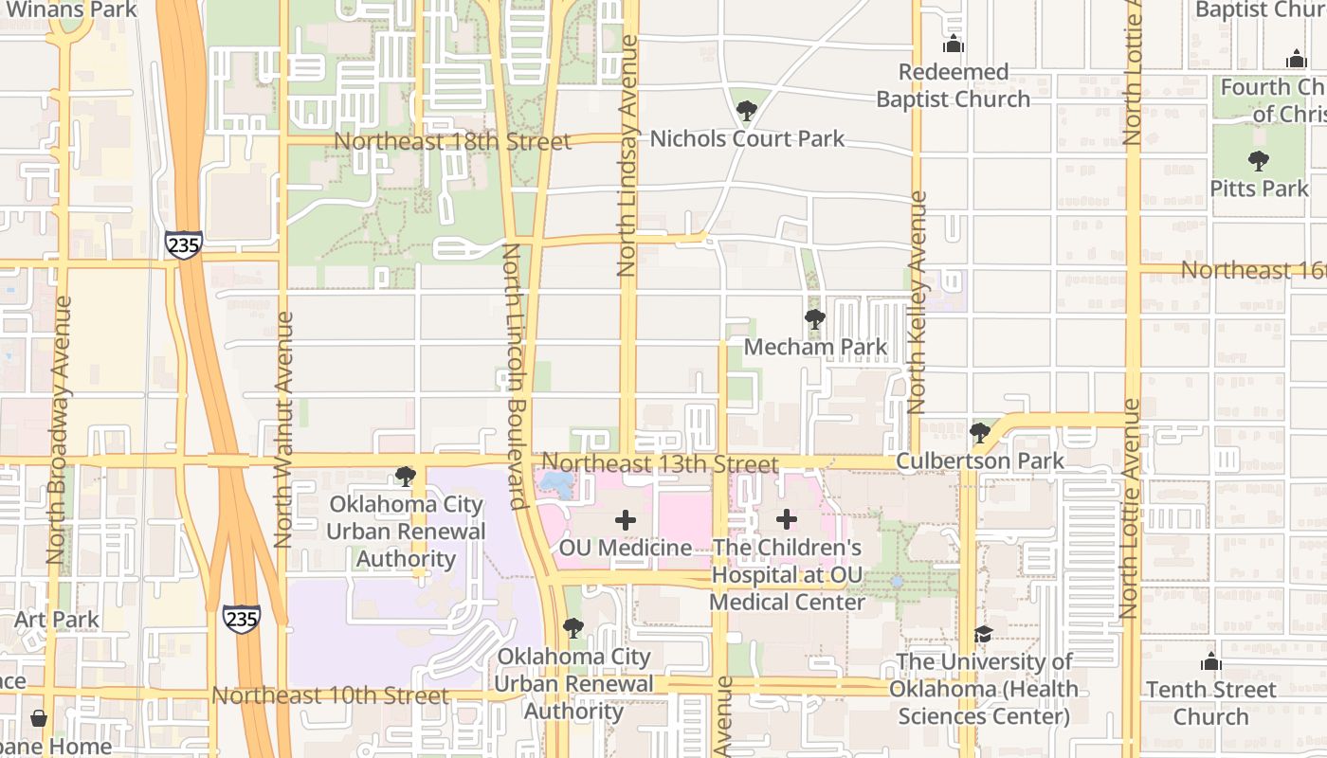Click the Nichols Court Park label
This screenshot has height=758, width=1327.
[x=747, y=139]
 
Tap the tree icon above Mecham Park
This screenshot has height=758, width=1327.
[x=814, y=319]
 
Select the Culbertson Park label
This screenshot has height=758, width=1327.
[x=980, y=461]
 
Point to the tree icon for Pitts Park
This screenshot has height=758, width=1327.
[x=1258, y=161]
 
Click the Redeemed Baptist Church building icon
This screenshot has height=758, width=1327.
[x=953, y=45]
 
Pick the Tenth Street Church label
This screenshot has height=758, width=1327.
[x=1210, y=702]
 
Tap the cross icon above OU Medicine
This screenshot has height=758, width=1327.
[x=626, y=519]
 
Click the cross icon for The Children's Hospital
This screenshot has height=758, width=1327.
[x=787, y=519]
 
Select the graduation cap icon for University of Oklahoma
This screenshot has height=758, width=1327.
[x=983, y=633]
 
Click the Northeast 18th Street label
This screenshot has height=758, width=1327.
[x=453, y=142]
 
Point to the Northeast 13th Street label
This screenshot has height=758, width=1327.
[x=660, y=464]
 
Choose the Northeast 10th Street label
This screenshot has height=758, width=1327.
[x=330, y=695]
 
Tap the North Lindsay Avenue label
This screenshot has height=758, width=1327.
[x=627, y=156]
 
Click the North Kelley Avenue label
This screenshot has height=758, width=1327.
[x=917, y=303]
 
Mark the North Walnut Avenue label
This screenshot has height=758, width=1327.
[x=282, y=429]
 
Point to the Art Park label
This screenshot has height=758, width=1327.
[x=57, y=620]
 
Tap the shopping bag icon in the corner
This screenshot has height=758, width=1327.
[x=39, y=718]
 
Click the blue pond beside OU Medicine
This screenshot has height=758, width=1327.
[x=555, y=485]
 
